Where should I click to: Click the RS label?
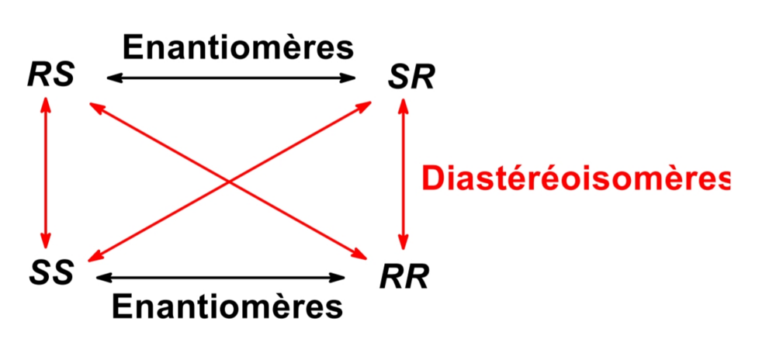(50, 78)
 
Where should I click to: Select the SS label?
(52, 272)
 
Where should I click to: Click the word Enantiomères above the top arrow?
(238, 47)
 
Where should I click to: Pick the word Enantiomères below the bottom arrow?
(227, 304)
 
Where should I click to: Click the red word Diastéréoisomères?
(575, 178)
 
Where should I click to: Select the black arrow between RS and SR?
(230, 78)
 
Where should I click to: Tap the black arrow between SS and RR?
(220, 275)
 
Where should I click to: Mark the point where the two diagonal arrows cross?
(229, 181)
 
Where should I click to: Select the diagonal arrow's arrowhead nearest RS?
(95, 106)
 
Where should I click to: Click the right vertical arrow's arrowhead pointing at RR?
(403, 239)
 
